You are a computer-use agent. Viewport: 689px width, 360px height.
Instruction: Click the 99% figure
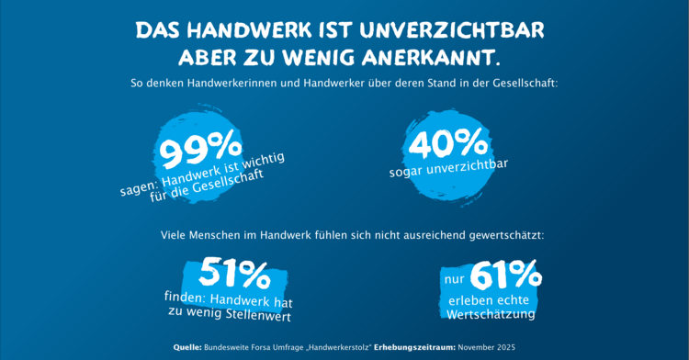point(201,146)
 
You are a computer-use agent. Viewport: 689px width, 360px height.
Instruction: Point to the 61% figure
point(504,274)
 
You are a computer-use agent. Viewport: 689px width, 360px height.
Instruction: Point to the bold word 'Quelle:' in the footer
point(187,347)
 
